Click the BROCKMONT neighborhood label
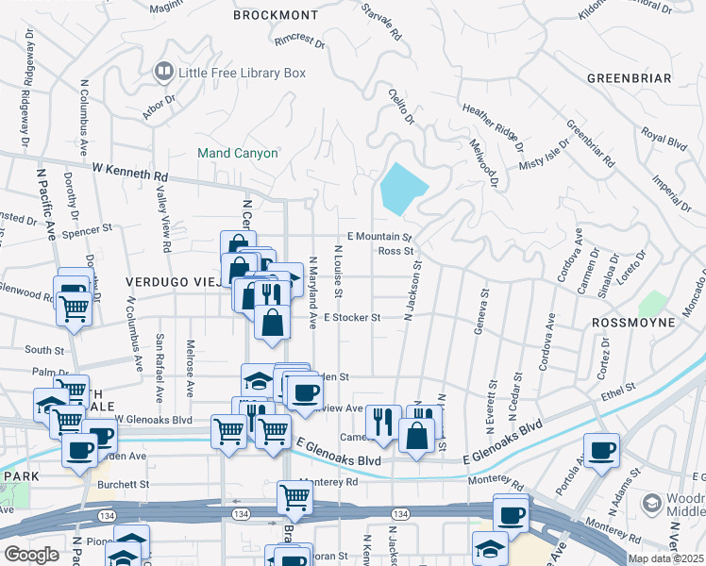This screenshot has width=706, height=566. point(277,16)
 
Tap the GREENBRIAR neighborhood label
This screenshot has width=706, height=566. point(628,77)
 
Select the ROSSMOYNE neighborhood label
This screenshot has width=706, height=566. point(632,323)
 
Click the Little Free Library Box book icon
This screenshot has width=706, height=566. point(163,72)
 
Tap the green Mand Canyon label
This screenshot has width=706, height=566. point(237,153)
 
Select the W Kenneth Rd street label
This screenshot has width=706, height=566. point(129,172)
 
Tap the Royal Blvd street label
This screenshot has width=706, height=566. point(663,141)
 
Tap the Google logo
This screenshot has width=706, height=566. point(31,555)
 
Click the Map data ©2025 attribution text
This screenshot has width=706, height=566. point(664,558)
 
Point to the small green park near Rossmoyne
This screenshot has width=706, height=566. point(651,305)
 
